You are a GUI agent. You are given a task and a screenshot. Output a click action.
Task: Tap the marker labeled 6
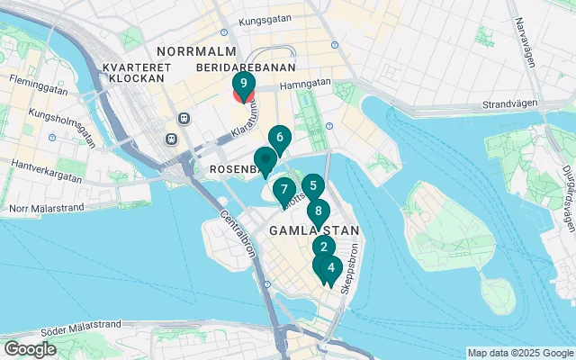(x=280, y=138)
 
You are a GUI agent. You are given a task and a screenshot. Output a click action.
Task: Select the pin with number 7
(x=284, y=189)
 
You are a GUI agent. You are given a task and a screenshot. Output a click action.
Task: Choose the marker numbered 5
(x=312, y=186)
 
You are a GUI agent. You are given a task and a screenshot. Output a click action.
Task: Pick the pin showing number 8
(x=318, y=211)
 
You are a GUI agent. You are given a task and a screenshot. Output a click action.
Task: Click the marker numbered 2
(x=323, y=247)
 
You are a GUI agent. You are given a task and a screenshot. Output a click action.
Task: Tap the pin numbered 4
(x=331, y=266)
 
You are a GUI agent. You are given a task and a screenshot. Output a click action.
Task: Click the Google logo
(x=31, y=348)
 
